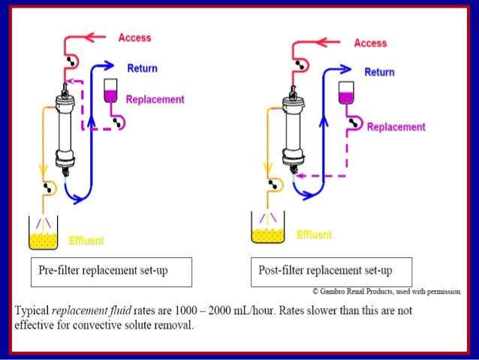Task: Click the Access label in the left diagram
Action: tap(134, 38)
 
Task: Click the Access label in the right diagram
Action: tap(370, 43)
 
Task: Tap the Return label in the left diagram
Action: tap(142, 68)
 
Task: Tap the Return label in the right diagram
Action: tap(379, 72)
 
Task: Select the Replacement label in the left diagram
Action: tap(155, 99)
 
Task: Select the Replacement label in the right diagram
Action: tap(396, 127)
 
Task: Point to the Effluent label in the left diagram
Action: tap(86, 241)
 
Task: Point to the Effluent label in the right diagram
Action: tap(314, 235)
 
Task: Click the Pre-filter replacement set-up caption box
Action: tap(110, 271)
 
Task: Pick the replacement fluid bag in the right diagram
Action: tap(346, 92)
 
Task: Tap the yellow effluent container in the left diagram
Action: tap(44, 234)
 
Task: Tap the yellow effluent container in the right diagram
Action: tap(268, 230)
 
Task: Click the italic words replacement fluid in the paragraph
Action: tap(83, 310)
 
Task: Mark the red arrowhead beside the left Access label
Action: tap(94, 36)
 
